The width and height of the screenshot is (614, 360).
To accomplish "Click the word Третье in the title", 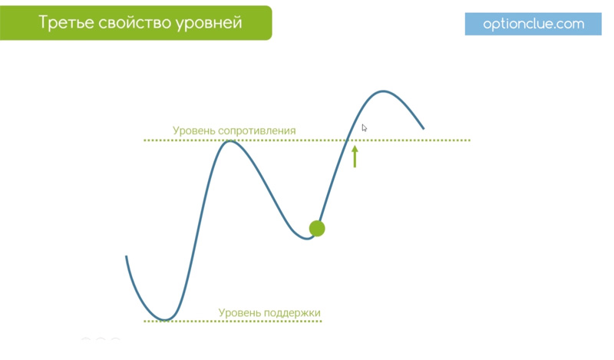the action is click(x=65, y=23).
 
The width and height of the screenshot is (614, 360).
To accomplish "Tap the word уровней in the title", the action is click(x=209, y=24).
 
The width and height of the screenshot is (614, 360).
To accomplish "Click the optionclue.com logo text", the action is click(x=533, y=25).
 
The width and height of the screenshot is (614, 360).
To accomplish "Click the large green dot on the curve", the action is click(x=317, y=229).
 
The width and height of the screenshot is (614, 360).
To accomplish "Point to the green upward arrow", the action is click(x=355, y=157).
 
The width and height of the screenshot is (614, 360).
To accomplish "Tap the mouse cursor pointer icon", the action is click(x=364, y=128).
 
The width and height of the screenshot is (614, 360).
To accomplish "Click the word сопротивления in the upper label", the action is click(x=257, y=131).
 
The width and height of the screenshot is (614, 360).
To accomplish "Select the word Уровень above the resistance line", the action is click(x=194, y=131).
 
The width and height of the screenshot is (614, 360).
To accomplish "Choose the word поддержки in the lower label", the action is click(x=292, y=313).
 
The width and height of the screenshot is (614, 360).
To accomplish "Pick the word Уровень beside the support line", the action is click(x=239, y=313).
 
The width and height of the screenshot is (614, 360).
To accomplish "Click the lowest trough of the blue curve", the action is click(x=165, y=319).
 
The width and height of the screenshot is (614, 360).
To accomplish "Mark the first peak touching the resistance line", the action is click(x=230, y=141).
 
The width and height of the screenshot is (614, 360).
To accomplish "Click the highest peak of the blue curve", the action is click(x=382, y=91).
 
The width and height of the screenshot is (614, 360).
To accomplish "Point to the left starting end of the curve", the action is click(x=126, y=256).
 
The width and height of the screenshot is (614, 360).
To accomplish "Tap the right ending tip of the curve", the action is click(x=424, y=128).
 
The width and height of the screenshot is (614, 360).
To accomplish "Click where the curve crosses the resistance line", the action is click(x=347, y=140).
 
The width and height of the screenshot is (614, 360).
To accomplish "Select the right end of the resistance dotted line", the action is click(x=469, y=140).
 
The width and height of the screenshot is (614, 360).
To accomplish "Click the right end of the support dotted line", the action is click(x=321, y=321).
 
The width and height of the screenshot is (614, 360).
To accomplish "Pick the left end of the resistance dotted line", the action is click(x=145, y=140).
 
